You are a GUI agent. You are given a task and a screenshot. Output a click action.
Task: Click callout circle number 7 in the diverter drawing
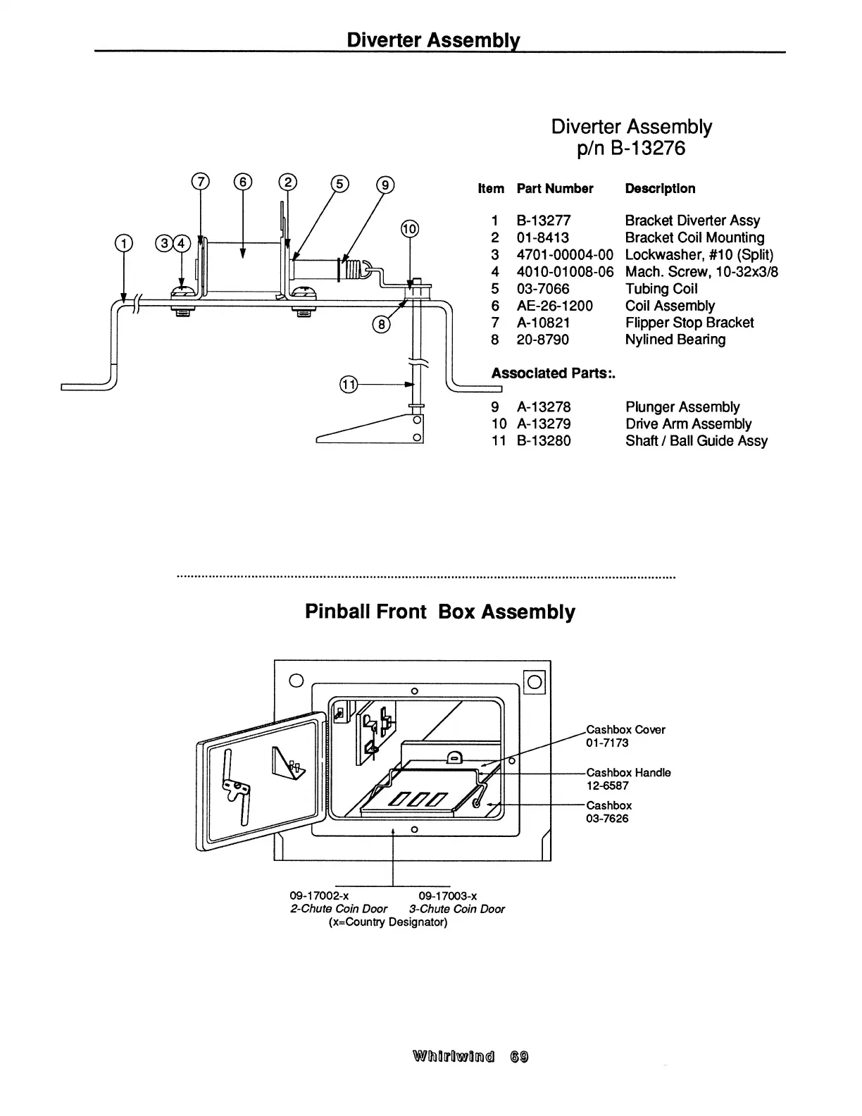point(201,182)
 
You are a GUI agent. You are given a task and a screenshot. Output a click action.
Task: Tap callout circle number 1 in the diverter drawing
point(124,243)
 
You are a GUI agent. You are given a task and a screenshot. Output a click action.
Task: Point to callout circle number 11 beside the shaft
point(349,384)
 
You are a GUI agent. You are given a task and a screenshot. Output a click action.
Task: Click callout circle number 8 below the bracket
point(381,324)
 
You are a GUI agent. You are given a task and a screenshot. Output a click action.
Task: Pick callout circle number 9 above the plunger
point(385,185)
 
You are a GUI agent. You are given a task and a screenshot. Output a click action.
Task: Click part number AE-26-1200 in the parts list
point(554,306)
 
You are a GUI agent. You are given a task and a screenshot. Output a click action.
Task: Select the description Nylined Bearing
point(675,340)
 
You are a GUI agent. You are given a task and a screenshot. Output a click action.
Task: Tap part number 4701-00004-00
point(565,255)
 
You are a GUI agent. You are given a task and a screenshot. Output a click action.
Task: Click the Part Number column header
point(554,189)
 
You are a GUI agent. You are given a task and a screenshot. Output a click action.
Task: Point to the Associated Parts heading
point(553,373)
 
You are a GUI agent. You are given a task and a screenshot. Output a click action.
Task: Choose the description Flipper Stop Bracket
point(689,323)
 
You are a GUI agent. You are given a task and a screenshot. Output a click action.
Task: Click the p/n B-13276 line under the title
point(631,149)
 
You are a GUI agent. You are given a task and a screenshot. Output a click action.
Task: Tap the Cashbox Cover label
point(625,730)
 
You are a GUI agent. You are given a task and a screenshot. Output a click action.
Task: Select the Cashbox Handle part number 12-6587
point(607,786)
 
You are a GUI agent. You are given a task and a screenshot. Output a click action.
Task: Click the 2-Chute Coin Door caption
point(338,909)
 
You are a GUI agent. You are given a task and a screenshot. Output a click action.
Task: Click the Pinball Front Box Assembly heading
point(439,612)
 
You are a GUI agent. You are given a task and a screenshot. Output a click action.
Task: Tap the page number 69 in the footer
point(520,1057)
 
